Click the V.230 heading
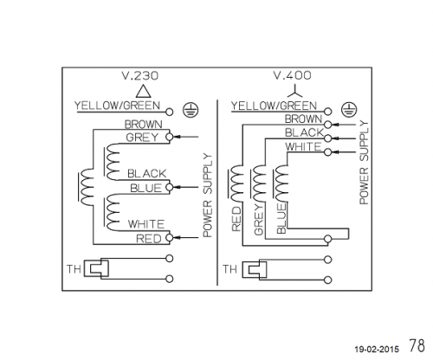tap(140, 75)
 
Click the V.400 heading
tap(293, 75)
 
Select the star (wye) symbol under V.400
tap(295, 92)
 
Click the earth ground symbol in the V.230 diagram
tap(191, 110)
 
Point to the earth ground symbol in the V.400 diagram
tap(349, 110)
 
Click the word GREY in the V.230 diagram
tap(142, 138)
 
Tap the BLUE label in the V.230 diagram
tap(145, 188)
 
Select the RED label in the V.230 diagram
tap(148, 239)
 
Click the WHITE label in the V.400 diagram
tap(303, 147)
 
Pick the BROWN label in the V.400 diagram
tap(303, 119)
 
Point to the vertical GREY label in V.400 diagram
tap(259, 220)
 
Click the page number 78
tap(417, 345)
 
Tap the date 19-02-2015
tap(377, 350)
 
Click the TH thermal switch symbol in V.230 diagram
tap(96, 269)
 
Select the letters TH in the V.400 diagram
tap(229, 269)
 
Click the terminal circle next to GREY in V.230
tap(170, 137)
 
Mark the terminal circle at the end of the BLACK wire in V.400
tap(327, 138)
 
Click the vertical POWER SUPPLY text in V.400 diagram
tap(364, 164)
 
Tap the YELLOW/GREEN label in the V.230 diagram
tap(117, 106)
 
